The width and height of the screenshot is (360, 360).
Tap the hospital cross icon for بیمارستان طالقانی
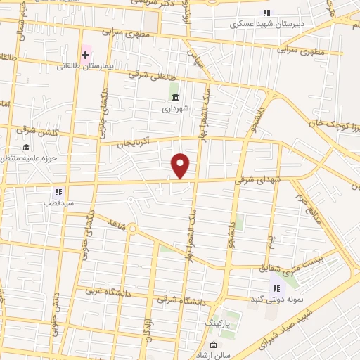click(x=85, y=55)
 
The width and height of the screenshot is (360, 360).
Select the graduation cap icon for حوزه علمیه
click(x=26, y=148)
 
